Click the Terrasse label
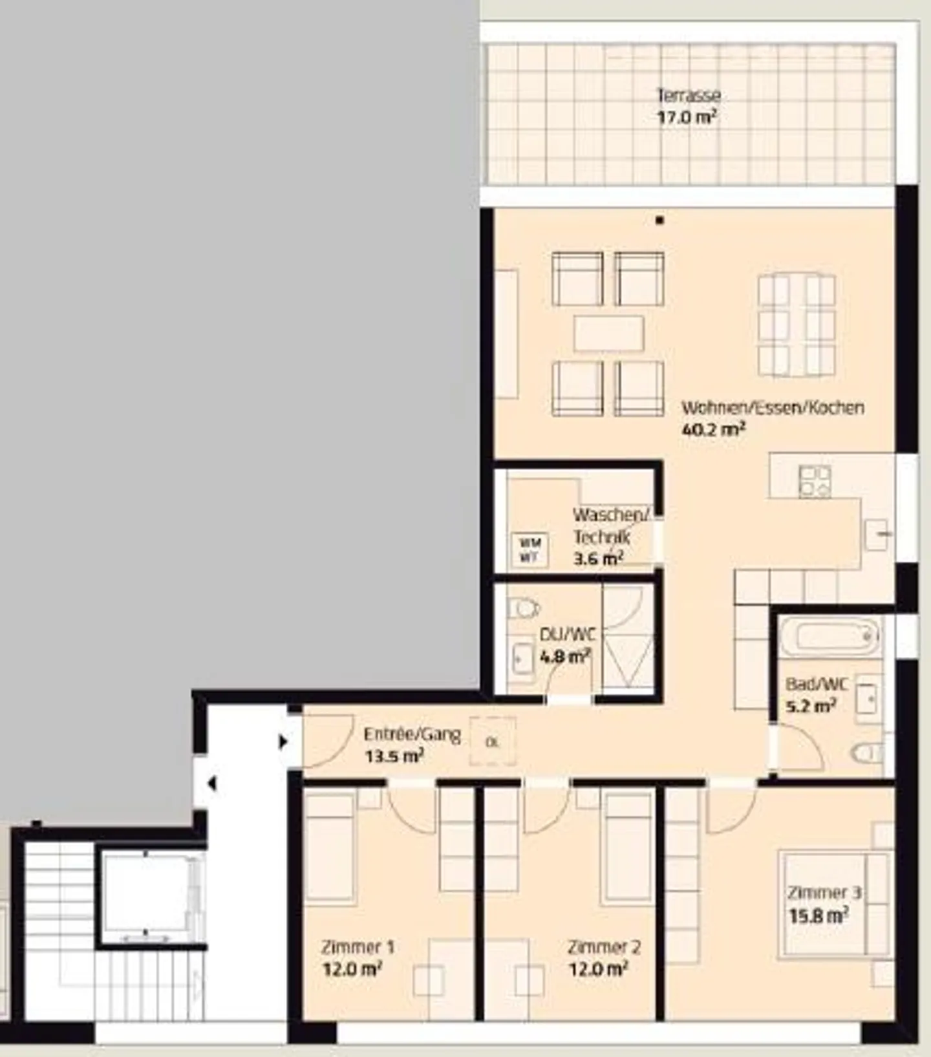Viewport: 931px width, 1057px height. click(x=689, y=96)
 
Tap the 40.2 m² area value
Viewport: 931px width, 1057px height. click(x=714, y=429)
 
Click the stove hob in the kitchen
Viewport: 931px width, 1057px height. click(x=815, y=482)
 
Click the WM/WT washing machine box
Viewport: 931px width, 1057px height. click(x=530, y=550)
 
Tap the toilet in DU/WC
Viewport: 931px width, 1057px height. click(x=522, y=608)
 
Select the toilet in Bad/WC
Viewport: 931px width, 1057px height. click(x=867, y=753)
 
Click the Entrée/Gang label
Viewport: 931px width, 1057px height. click(x=412, y=734)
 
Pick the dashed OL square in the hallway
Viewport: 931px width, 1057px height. click(x=493, y=742)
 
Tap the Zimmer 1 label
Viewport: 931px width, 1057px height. click(x=358, y=948)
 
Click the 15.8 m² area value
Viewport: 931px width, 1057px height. click(x=819, y=916)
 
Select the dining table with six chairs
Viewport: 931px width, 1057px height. click(x=797, y=326)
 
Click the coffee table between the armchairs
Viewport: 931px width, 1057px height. click(x=608, y=334)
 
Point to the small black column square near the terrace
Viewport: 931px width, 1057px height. click(x=659, y=220)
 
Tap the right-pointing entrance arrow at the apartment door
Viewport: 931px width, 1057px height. click(x=283, y=742)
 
